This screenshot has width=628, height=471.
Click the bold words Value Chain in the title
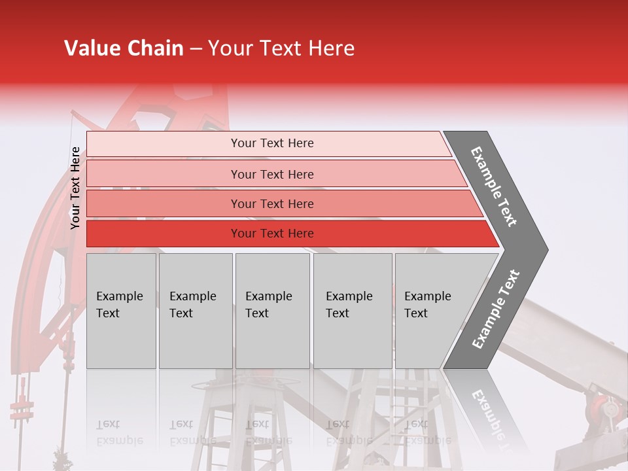click(x=124, y=48)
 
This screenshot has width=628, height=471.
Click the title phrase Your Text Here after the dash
click(x=281, y=48)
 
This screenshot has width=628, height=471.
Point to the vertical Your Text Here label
click(x=75, y=188)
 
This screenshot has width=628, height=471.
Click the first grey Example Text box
click(x=121, y=311)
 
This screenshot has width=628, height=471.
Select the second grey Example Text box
click(x=196, y=311)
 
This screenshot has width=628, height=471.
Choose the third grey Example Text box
click(x=272, y=311)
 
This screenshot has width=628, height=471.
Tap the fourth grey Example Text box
click(x=353, y=311)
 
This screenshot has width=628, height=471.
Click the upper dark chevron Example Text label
click(x=495, y=186)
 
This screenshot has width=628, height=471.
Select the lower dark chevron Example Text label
click(x=496, y=309)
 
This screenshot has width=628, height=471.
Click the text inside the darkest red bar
click(x=272, y=234)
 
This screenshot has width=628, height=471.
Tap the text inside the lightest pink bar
click(x=272, y=143)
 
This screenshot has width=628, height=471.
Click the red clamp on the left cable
click(x=22, y=409)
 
